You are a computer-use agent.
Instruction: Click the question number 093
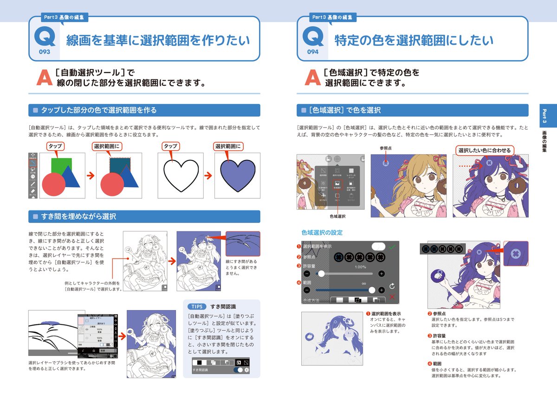pyautogui.click(x=45, y=52)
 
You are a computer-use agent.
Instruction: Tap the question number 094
pyautogui.click(x=313, y=52)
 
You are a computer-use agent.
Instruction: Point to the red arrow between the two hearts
pyautogui.click(x=208, y=175)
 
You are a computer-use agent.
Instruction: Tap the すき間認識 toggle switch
pyautogui.click(x=240, y=370)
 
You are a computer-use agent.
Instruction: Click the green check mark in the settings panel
pyautogui.click(x=392, y=247)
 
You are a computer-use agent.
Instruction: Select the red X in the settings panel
pyautogui.click(x=392, y=297)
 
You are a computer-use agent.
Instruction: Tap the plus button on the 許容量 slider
pyautogui.click(x=382, y=274)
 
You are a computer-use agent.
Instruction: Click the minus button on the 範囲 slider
pyautogui.click(x=306, y=290)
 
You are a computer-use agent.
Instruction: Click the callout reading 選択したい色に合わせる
pyautogui.click(x=484, y=151)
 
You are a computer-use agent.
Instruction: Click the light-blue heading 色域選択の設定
pyautogui.click(x=322, y=232)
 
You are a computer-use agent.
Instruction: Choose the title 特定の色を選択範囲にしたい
pyautogui.click(x=414, y=41)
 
